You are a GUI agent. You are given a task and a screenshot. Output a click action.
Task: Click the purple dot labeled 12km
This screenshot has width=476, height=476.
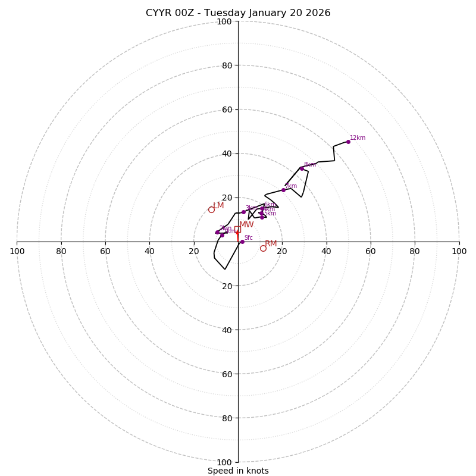point(348,142)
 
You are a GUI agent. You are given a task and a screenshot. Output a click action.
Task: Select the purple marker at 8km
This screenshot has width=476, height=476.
point(302,168)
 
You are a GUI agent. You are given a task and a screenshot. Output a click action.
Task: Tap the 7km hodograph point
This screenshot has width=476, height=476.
point(283,190)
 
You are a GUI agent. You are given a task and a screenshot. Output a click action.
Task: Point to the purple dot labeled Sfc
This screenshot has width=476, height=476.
point(242,242)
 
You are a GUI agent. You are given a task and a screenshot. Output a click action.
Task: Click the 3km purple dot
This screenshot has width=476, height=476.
point(243,212)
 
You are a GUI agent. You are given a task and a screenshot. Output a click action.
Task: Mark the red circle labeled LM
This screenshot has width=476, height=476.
point(211,209)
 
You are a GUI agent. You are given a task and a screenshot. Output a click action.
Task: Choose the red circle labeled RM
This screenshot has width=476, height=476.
point(263,248)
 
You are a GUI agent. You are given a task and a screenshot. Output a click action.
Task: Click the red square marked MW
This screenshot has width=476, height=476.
point(237,229)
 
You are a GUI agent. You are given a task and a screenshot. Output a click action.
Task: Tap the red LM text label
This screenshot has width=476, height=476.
point(218,206)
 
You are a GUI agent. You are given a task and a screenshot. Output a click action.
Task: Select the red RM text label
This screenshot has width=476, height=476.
point(271,244)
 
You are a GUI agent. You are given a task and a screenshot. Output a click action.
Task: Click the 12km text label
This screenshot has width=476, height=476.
point(358,138)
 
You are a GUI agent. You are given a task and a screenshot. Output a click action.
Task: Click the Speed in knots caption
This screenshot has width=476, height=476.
point(238,471)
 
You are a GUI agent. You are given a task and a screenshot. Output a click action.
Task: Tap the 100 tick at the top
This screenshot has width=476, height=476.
point(224,21)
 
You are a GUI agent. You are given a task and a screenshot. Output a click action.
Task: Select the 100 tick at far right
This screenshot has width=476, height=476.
point(459,251)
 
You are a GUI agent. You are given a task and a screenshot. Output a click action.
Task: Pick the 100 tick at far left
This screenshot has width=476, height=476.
point(17,251)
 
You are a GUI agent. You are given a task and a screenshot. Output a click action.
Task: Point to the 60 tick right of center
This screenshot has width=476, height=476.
point(371,251)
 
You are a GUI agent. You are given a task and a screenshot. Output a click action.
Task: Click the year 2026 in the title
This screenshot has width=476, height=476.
point(317,13)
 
